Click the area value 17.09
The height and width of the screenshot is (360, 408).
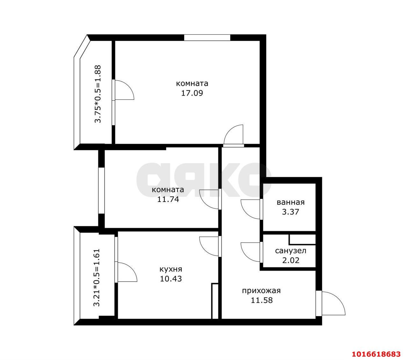click(192, 93)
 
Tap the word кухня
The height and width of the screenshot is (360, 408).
click(171, 270)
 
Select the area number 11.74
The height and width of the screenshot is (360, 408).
click(168, 199)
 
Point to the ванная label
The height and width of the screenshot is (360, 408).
click(291, 202)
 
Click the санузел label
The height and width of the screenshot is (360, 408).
click(291, 251)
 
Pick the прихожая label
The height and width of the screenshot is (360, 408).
click(261, 291)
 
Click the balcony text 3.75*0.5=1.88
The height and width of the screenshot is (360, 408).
click(98, 94)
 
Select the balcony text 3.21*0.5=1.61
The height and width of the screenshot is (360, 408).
click(97, 278)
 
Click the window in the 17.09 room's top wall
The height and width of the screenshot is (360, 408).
click(207, 38)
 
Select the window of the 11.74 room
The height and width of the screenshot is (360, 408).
click(101, 191)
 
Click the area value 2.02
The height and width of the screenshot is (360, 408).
click(291, 261)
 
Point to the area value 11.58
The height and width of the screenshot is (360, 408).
click(262, 300)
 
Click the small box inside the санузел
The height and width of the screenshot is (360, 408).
click(302, 240)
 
